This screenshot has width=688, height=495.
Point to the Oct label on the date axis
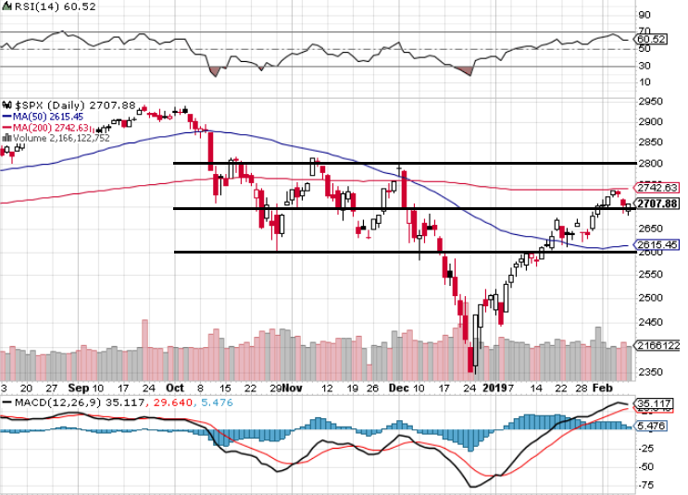click(175, 389)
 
